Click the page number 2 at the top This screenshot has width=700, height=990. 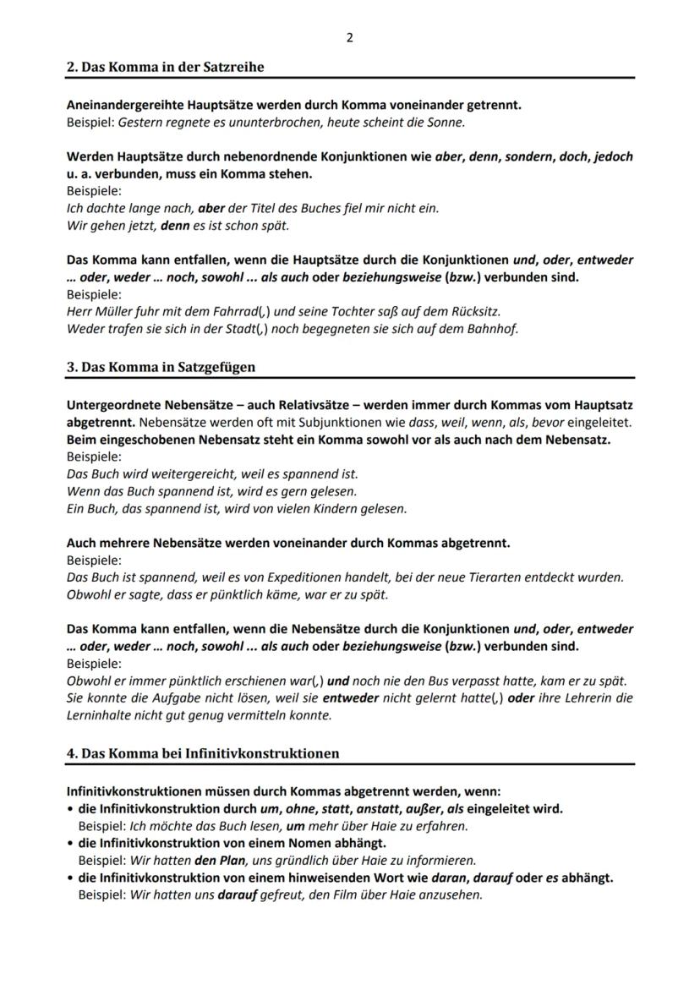point(349,38)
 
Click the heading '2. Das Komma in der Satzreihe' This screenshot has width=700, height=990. point(165,67)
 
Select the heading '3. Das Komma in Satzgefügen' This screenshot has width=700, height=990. point(161,367)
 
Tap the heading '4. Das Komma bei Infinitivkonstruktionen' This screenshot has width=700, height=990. point(203,752)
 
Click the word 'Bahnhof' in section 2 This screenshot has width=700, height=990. point(491,329)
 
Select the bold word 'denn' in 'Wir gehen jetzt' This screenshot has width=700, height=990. point(174,226)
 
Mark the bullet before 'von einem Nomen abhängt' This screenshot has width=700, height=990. point(70,843)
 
